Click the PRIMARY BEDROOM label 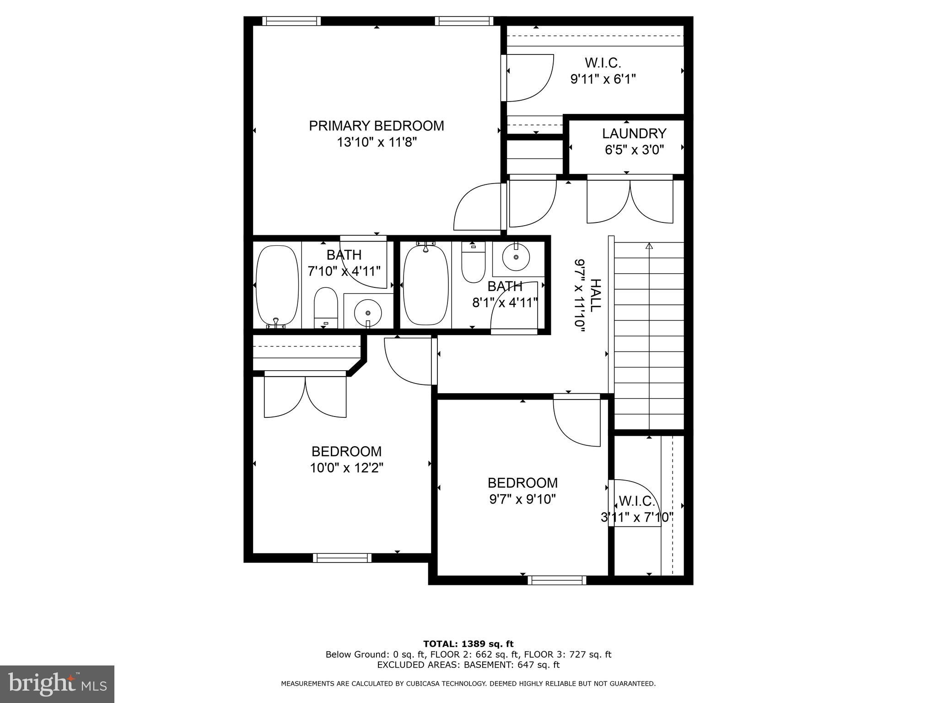(x=376, y=126)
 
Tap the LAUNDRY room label (x=634, y=134)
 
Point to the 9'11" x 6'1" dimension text (x=603, y=79)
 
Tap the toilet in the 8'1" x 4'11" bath (x=473, y=263)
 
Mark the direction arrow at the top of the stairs (x=648, y=246)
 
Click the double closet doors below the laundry (x=630, y=201)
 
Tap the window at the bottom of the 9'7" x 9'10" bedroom (x=556, y=580)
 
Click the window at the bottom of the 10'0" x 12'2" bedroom (x=342, y=557)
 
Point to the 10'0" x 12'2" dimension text (x=346, y=468)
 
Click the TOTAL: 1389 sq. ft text (x=468, y=644)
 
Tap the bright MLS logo (x=57, y=684)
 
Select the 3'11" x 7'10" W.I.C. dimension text (x=636, y=518)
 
